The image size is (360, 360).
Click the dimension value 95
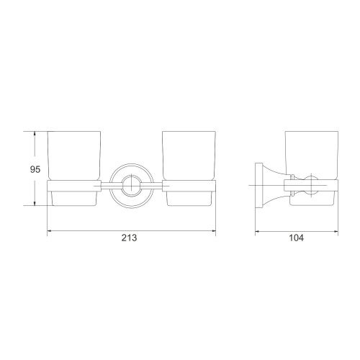pyautogui.click(x=35, y=169)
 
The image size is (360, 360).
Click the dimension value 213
pyautogui.click(x=129, y=238)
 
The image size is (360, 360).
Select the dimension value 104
pyautogui.click(x=296, y=238)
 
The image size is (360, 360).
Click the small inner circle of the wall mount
pyautogui.click(x=131, y=186)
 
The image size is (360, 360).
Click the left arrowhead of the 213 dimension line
pyautogui.click(x=50, y=231)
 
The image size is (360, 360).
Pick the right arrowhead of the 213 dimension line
pyautogui.click(x=213, y=231)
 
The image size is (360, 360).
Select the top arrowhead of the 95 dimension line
pyautogui.click(x=35, y=134)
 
